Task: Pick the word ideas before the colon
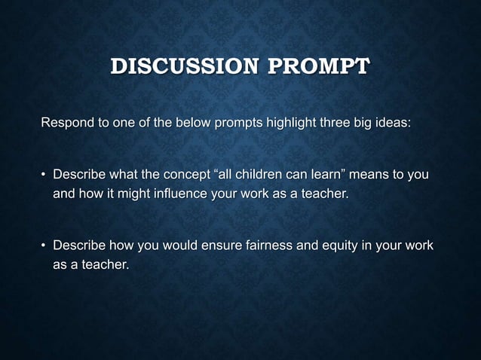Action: pyautogui.click(x=393, y=123)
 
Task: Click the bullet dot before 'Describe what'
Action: pyautogui.click(x=44, y=175)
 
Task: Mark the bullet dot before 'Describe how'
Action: pyautogui.click(x=44, y=246)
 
